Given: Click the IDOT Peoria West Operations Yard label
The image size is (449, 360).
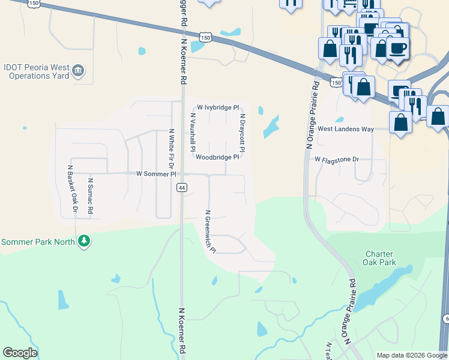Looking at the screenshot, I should [36, 73].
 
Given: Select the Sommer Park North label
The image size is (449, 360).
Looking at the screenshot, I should [38, 242].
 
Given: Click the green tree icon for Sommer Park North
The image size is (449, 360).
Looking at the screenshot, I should [85, 242].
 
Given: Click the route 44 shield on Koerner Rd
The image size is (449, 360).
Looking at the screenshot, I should [181, 188].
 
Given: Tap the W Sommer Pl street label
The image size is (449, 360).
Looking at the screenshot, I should [156, 174].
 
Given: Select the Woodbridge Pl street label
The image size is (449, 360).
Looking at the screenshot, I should [217, 157].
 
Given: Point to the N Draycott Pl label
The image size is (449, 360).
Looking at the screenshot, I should [243, 133].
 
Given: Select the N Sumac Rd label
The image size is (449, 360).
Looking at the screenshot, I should [91, 196].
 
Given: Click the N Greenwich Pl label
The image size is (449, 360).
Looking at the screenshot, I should [210, 231].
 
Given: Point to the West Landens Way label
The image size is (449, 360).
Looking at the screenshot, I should [346, 129].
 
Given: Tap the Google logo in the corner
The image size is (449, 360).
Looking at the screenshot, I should [20, 353].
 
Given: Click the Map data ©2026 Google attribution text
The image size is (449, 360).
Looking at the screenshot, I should [412, 355].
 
